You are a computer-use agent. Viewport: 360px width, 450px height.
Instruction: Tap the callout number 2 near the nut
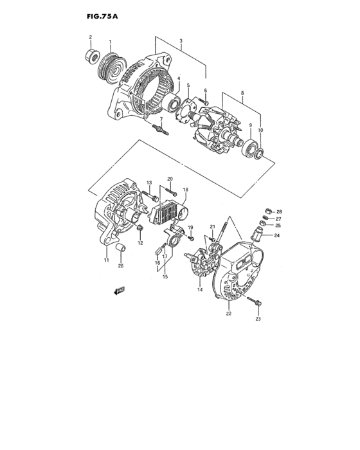90,37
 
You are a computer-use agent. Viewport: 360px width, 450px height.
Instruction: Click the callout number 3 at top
181,41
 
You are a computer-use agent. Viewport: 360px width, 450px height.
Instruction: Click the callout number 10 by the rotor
260,130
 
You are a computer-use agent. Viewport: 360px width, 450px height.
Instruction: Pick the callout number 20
170,179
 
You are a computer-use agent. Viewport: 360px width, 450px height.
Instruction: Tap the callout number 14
200,291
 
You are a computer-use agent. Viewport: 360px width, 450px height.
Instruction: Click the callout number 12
141,242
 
